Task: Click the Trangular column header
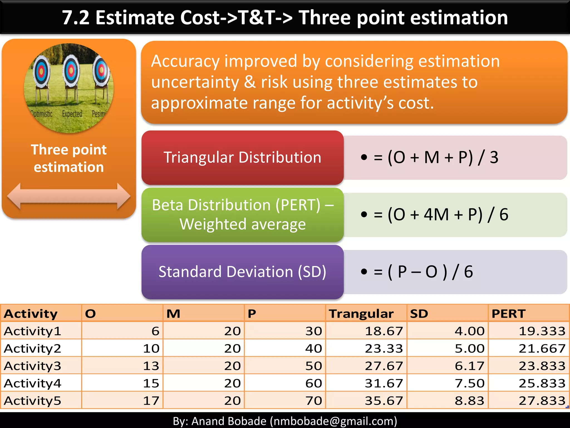[361, 314]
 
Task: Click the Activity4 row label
[33, 383]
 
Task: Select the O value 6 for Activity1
[155, 331]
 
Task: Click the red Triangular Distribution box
[242, 157]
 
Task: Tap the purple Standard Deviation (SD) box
[242, 272]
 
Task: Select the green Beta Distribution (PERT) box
[242, 215]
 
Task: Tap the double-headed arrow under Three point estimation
[69, 196]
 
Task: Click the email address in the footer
[333, 421]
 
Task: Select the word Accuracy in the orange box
[185, 61]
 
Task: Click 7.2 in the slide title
[75, 18]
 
